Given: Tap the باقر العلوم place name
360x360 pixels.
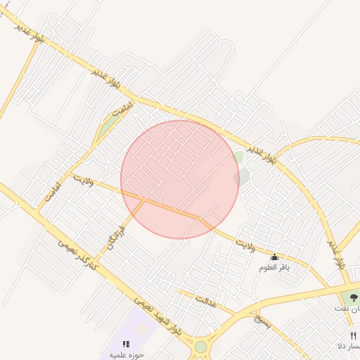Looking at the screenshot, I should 275,267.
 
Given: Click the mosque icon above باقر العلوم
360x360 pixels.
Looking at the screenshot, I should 274,257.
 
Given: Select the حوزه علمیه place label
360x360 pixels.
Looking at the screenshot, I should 126,354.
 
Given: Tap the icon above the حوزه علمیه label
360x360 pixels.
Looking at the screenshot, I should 126,344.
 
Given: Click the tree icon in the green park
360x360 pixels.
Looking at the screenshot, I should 353,298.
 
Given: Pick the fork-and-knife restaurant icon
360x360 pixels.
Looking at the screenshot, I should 353,335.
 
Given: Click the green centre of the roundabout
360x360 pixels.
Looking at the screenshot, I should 201,347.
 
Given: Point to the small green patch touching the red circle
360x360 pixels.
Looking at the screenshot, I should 239,156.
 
